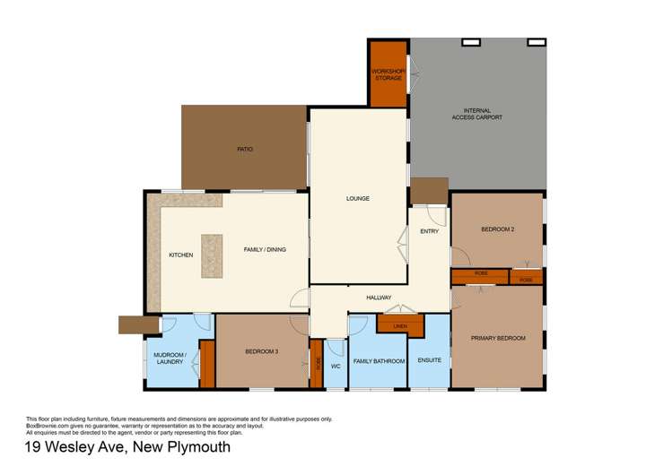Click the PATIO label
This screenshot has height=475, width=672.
[245, 149]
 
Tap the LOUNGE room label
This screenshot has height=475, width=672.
[358, 198]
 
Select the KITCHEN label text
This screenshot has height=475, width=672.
[181, 255]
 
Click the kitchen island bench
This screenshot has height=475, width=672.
[212, 255]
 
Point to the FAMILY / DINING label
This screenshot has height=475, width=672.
[265, 249]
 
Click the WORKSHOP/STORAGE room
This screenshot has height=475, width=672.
[388, 74]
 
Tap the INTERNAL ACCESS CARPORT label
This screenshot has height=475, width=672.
[476, 114]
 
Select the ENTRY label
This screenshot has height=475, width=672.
[430, 232]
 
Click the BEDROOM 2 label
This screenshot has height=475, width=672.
[497, 229]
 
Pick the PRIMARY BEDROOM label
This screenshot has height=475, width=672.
[498, 338]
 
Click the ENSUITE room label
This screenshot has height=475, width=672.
[430, 360]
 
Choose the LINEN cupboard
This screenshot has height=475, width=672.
[400, 325]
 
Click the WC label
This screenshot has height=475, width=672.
[335, 366]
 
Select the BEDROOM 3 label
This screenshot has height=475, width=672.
[262, 351]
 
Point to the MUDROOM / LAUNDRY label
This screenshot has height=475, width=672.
[170, 358]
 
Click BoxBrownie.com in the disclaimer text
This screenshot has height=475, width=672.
[47, 425]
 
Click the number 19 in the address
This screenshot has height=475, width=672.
[33, 447]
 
